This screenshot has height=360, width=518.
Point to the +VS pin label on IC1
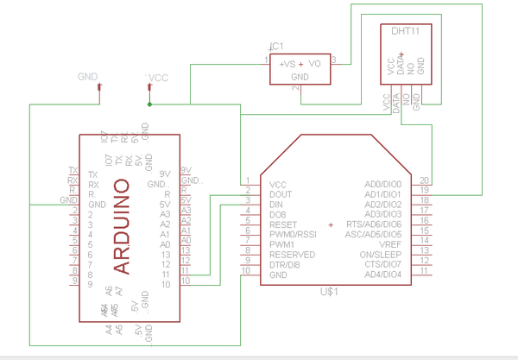pyautogui.click(x=287, y=63)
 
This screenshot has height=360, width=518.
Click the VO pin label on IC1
pyautogui.click(x=315, y=63)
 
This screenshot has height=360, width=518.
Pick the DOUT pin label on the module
pyautogui.click(x=281, y=194)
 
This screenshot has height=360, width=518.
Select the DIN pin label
pyautogui.click(x=276, y=204)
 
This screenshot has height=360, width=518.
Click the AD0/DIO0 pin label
pyautogui.click(x=383, y=184)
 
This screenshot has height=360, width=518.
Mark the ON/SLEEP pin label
pyautogui.click(x=382, y=255)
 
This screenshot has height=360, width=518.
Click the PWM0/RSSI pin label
pyautogui.click(x=294, y=234)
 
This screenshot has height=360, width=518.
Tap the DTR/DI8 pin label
pyautogui.click(x=285, y=264)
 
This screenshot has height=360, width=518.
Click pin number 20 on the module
pyautogui.click(x=424, y=180)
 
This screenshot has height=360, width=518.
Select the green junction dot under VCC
pyautogui.click(x=149, y=104)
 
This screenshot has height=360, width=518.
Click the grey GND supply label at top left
pyautogui.click(x=88, y=77)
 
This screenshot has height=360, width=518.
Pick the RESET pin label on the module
pyautogui.click(x=282, y=224)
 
